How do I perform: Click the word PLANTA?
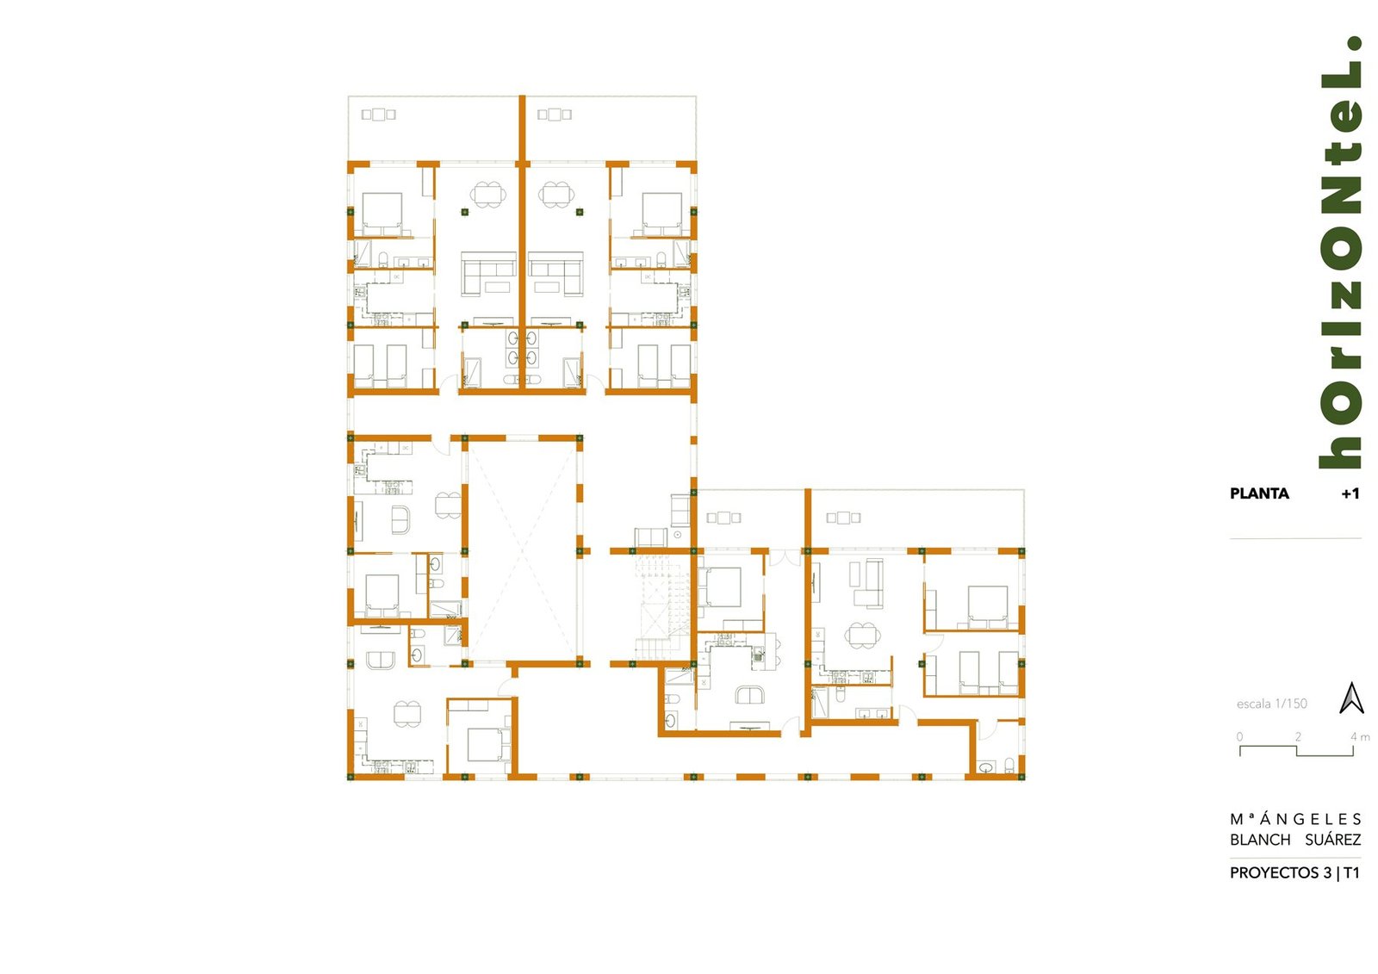click(1258, 493)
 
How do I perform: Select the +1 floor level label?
click(1350, 493)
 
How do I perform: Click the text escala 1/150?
click(1271, 704)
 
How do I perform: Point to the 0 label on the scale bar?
click(1239, 736)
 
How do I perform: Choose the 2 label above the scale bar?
click(1298, 736)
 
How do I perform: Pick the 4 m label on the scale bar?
click(1360, 736)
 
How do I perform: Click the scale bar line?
click(1297, 751)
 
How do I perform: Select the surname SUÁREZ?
click(1333, 840)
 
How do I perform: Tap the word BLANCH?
click(1260, 840)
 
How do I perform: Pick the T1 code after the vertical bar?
click(1351, 872)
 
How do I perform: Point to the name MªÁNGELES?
click(1295, 819)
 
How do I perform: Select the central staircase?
click(664, 607)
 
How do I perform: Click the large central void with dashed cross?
click(522, 549)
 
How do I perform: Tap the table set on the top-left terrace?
click(378, 115)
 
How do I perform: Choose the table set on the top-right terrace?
click(555, 115)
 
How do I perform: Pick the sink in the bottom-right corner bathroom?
click(986, 767)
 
